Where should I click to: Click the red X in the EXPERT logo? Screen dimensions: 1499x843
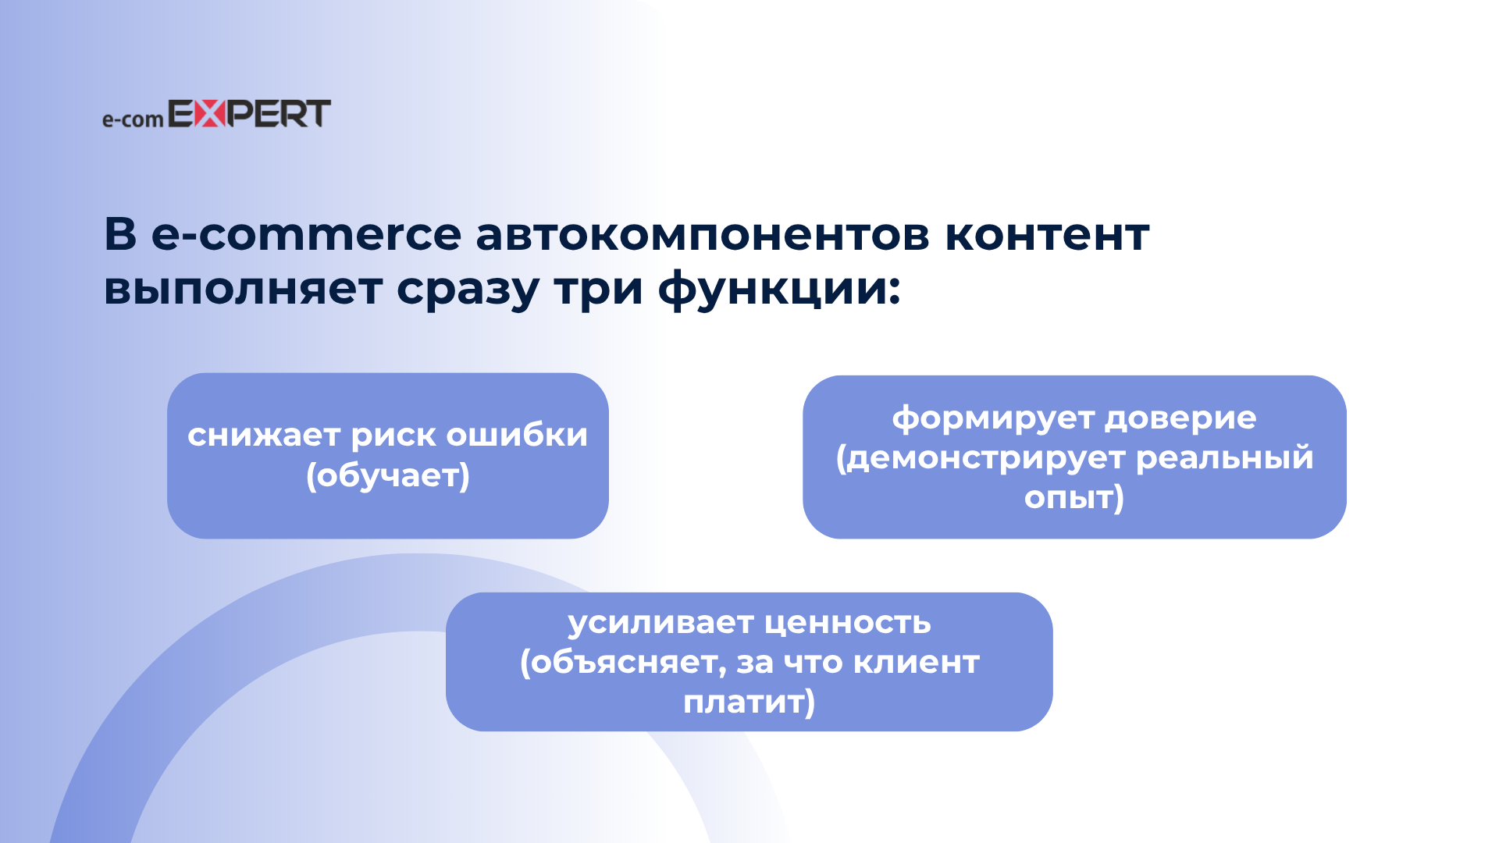point(209,113)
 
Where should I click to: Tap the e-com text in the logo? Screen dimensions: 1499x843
point(133,119)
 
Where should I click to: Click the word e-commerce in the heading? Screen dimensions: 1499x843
point(307,234)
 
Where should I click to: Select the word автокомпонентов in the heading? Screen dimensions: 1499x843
point(703,234)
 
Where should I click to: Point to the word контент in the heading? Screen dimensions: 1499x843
point(1047,234)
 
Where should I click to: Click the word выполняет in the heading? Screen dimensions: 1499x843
point(243,289)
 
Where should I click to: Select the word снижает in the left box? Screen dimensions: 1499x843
point(264,436)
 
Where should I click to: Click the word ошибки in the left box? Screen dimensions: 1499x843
point(517,435)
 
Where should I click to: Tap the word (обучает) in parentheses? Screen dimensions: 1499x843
point(388,475)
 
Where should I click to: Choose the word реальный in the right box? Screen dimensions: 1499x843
point(1225,458)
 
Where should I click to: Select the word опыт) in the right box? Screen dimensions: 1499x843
point(1074,498)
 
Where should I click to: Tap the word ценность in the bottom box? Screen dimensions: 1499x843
point(849,624)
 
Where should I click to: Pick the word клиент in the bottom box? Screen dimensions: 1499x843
point(917,663)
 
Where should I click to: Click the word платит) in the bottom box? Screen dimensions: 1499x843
point(749,702)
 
